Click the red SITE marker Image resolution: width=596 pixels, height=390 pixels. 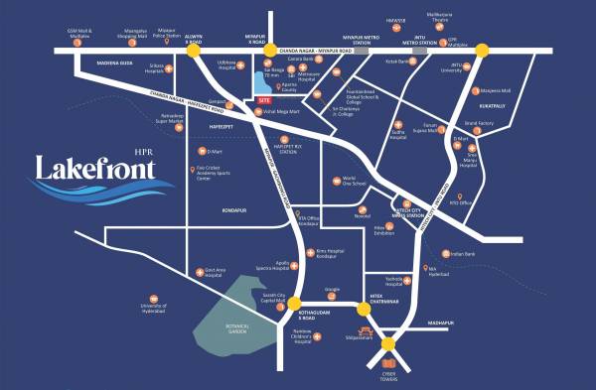point(263,100)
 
